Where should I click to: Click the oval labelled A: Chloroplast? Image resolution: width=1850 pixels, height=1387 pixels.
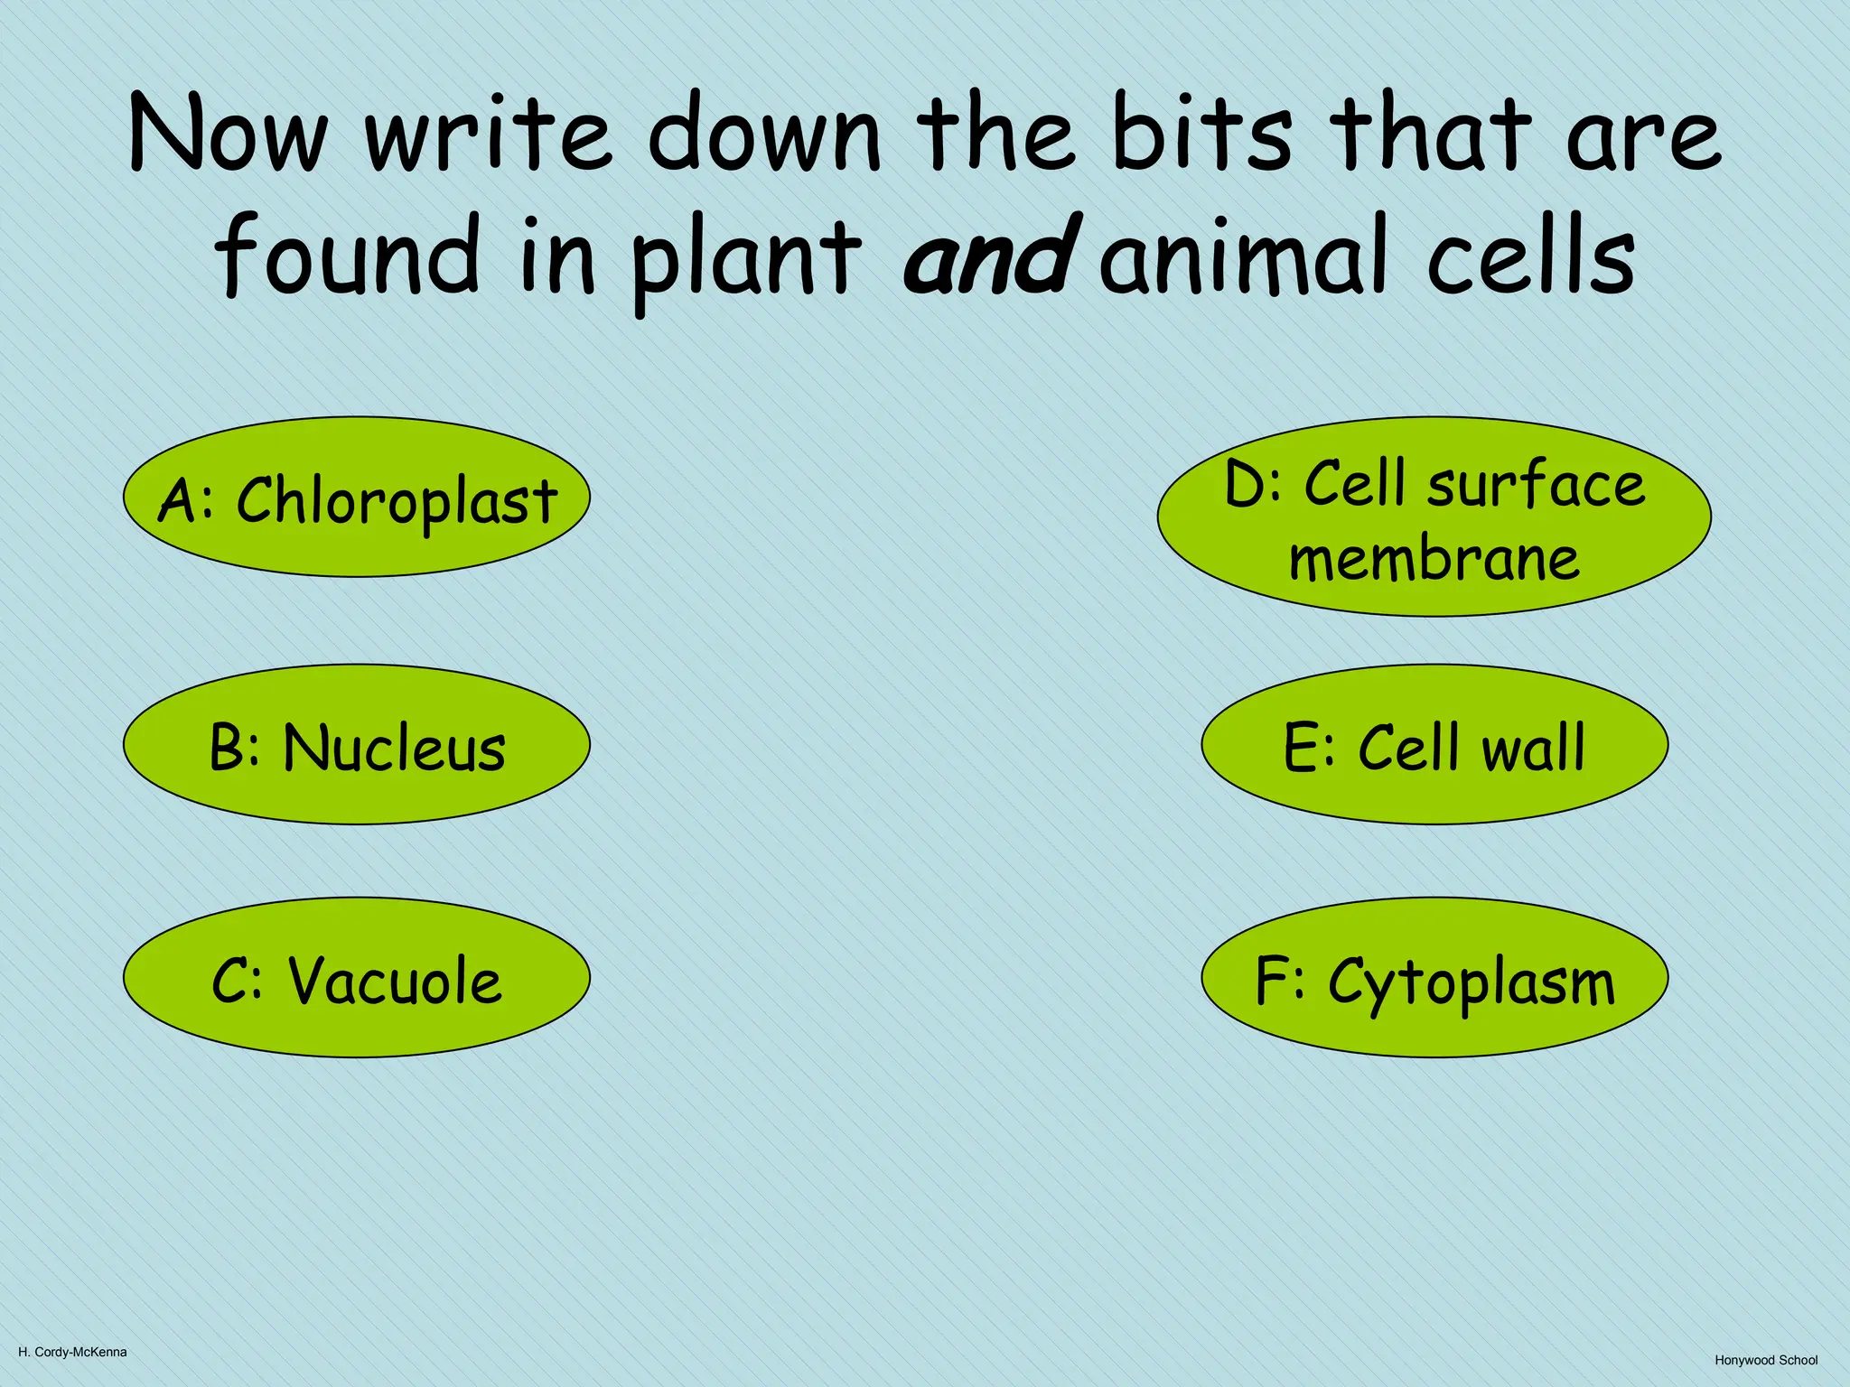coord(357,497)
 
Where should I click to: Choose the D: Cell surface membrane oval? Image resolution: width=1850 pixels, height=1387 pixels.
coord(1434,517)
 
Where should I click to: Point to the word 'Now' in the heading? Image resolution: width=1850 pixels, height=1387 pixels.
coord(229,134)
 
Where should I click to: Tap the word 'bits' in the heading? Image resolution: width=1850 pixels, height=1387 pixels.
coord(1202,134)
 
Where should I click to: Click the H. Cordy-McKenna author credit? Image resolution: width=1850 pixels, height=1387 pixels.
coord(72,1352)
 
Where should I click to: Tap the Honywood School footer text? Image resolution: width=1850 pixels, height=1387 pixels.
coord(1766,1360)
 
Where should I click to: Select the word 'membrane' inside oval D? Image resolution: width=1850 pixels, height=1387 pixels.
coord(1434,558)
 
